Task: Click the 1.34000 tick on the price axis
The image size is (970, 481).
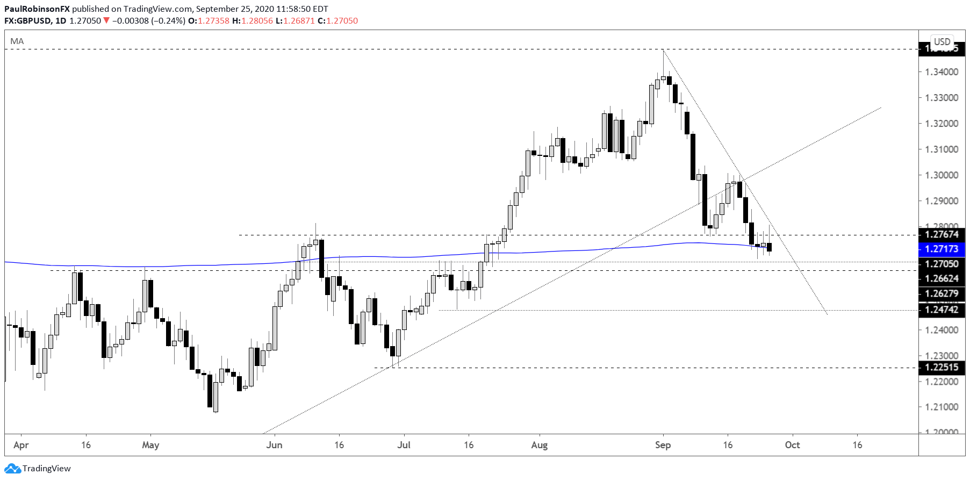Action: (941, 72)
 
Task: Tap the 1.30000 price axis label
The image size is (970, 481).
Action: (941, 175)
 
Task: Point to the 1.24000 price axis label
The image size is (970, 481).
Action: (941, 330)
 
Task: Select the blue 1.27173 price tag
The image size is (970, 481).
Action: (942, 249)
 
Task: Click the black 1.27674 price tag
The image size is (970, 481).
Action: (942, 234)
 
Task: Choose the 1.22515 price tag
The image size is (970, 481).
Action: (942, 368)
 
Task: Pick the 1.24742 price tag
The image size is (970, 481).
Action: (942, 310)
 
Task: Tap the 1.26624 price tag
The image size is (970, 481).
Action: (942, 278)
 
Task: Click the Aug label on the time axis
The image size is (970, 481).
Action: (539, 445)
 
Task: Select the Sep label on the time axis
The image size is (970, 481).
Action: (663, 445)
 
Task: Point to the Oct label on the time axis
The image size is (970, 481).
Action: (792, 445)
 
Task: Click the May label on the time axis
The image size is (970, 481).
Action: (150, 445)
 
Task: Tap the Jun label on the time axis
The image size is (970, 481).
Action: (274, 445)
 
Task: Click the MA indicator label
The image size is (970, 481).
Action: (17, 41)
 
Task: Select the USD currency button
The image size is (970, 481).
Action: (942, 41)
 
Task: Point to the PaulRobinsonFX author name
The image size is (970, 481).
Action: (37, 9)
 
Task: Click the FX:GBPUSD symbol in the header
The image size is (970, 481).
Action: (28, 21)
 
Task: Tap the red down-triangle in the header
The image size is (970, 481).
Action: (106, 20)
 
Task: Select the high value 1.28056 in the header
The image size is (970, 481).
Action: (257, 21)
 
